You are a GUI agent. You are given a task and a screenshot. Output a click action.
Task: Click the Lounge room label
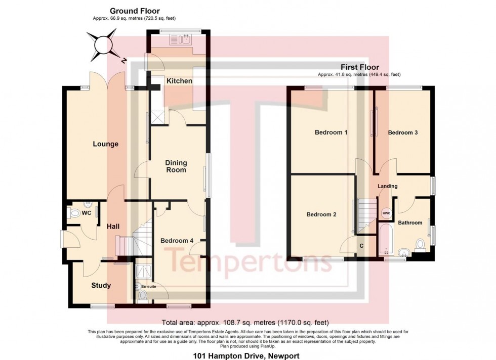pos(105,144)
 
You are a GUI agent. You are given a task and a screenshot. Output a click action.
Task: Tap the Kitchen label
pos(180,81)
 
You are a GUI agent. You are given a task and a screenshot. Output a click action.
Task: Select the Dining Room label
pos(177,166)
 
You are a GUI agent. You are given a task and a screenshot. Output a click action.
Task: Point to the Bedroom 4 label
pos(177,241)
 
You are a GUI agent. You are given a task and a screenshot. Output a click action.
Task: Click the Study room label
pos(101,286)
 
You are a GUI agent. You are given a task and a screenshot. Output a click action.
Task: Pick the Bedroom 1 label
pos(331,133)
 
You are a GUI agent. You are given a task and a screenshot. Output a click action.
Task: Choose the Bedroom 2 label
pos(321,214)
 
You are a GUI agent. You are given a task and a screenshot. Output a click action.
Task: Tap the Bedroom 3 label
pos(402,133)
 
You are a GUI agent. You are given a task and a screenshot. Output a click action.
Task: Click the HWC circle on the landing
pos(387,213)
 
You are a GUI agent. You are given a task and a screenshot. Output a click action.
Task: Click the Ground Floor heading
pos(135,11)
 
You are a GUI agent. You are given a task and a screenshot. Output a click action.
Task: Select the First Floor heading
pos(359,67)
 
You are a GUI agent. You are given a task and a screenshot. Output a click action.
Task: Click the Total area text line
pos(245,322)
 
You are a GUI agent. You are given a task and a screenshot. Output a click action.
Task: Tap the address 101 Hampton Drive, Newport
pos(246,356)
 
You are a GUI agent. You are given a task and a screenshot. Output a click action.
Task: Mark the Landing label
pos(388,186)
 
